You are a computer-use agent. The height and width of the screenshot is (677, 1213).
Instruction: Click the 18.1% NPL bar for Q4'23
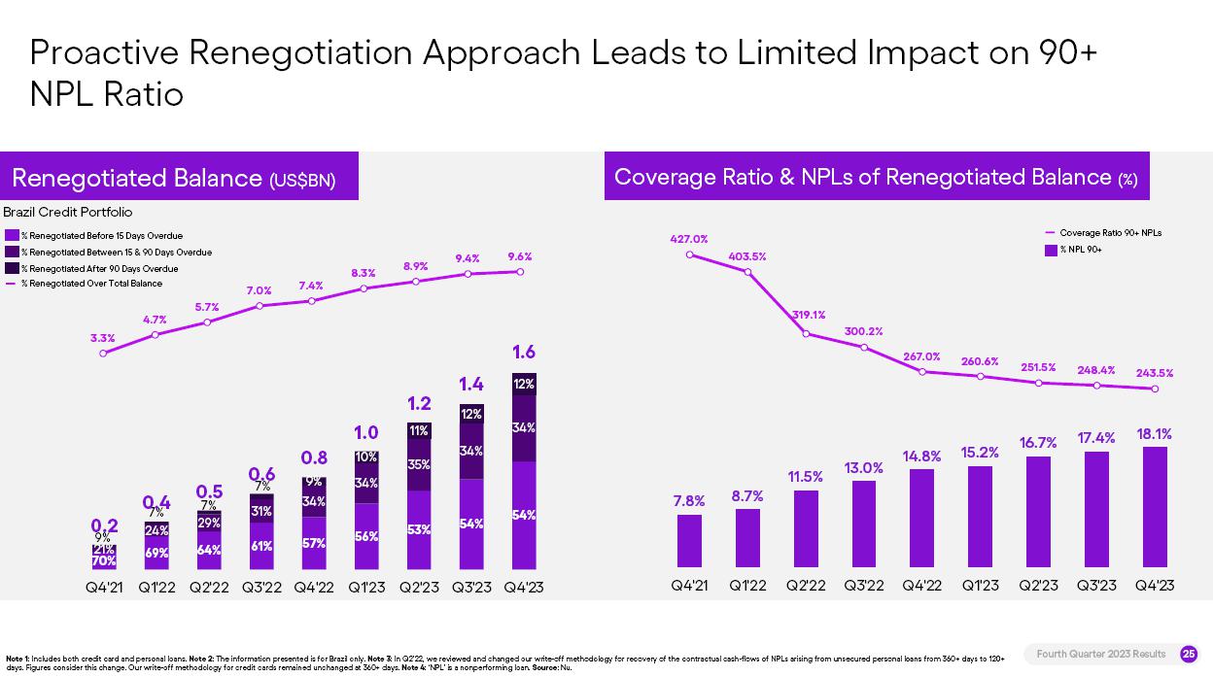(x=1155, y=506)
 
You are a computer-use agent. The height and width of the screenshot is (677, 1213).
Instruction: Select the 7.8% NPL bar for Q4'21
(x=689, y=540)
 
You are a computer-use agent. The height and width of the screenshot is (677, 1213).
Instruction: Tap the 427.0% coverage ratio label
(x=688, y=239)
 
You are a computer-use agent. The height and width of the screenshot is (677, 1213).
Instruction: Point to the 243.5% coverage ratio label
(x=1155, y=373)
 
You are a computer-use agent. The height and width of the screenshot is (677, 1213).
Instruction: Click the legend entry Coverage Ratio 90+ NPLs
(x=1109, y=233)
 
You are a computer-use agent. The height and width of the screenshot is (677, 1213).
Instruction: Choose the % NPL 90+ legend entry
(x=1080, y=250)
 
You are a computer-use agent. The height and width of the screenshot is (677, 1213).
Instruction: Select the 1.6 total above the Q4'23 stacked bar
(x=524, y=353)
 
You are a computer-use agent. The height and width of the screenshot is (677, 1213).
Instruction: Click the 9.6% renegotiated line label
(x=520, y=256)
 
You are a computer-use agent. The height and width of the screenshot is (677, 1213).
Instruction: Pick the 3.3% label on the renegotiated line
(x=103, y=338)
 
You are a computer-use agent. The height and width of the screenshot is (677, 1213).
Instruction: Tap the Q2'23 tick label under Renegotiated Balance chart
(x=419, y=588)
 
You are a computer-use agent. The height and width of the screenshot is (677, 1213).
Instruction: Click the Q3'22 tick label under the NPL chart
(x=863, y=585)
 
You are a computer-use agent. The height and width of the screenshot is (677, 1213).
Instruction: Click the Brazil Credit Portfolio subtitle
(x=68, y=212)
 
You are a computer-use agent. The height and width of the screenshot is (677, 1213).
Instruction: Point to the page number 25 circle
(x=1188, y=655)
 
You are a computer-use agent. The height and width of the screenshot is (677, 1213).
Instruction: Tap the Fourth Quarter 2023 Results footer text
(x=1101, y=655)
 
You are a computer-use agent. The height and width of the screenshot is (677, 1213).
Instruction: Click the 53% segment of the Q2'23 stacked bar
(x=419, y=529)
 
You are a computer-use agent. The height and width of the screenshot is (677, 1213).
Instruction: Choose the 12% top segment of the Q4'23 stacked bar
(x=524, y=385)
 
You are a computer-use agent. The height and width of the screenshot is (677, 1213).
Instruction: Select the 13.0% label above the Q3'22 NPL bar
(x=863, y=468)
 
